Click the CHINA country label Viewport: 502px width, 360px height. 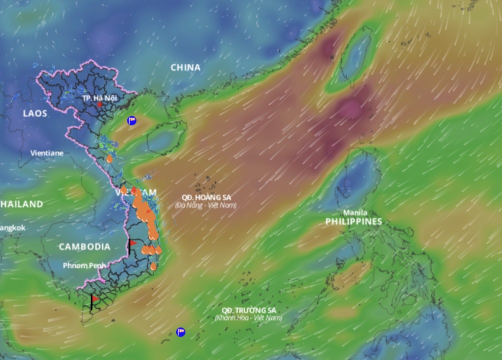click(x=185, y=67)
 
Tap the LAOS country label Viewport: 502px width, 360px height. click(x=35, y=113)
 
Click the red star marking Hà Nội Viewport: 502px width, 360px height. click(x=100, y=105)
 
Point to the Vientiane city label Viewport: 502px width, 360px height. click(x=47, y=153)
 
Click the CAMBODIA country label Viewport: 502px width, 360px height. click(x=84, y=246)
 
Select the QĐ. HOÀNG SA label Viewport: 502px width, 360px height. click(x=206, y=197)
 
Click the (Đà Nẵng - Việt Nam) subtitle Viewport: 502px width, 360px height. click(x=206, y=205)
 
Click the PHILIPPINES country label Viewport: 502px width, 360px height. click(x=354, y=221)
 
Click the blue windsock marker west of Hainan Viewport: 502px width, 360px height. click(x=132, y=120)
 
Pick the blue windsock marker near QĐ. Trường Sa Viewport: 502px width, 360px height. click(x=181, y=331)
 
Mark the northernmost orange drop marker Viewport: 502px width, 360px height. click(x=109, y=159)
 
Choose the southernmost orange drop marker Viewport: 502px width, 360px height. click(x=153, y=266)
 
